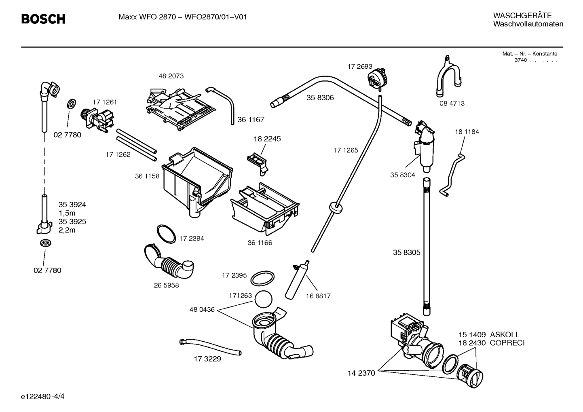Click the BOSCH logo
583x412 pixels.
[x=43, y=19]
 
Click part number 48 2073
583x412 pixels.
[x=171, y=76]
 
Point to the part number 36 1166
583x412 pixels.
[x=260, y=243]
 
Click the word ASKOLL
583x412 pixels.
[x=505, y=335]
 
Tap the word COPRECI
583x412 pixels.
[x=507, y=343]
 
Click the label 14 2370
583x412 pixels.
[x=361, y=373]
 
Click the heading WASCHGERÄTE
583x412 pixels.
[x=522, y=16]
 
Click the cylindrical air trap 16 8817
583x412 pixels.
[x=297, y=279]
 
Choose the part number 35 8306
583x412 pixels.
[x=320, y=98]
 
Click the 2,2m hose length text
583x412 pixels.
[x=67, y=230]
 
